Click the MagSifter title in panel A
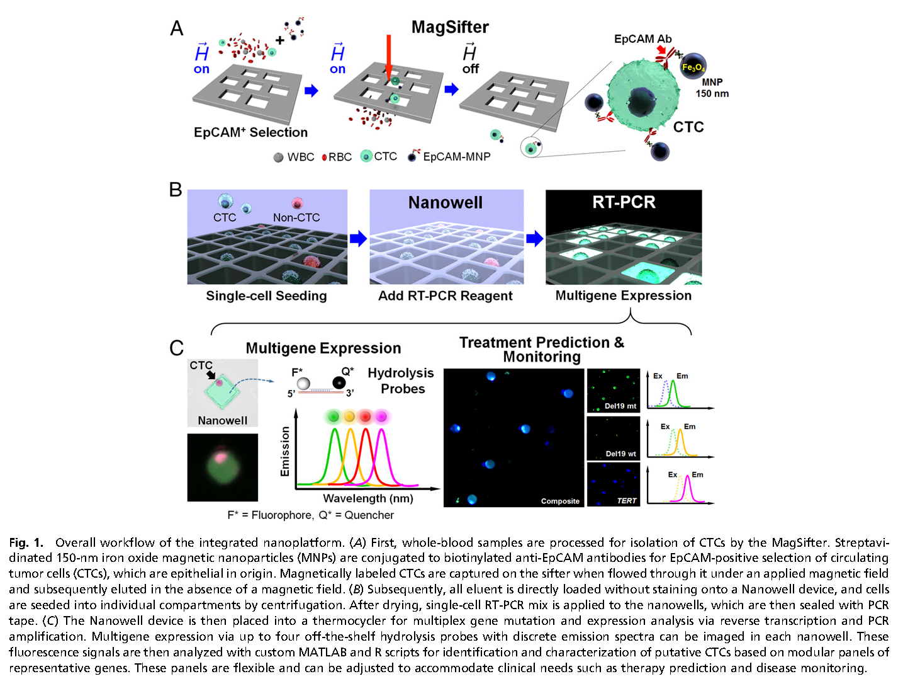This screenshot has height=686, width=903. [x=450, y=28]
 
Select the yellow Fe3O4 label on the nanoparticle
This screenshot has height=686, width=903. [x=693, y=67]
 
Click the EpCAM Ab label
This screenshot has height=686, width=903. [x=642, y=39]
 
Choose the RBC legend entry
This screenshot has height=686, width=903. [x=337, y=157]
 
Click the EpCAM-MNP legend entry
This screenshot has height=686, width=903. [x=449, y=157]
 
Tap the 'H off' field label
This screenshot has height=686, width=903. [x=470, y=59]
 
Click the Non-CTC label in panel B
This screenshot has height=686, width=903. [x=296, y=217]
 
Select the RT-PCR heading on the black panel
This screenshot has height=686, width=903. [x=624, y=202]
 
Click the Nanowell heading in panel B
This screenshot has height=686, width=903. [x=446, y=203]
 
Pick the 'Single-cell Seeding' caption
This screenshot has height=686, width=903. [x=266, y=296]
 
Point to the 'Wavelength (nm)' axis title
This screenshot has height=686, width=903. [x=368, y=498]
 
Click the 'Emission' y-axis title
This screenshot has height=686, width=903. [x=285, y=451]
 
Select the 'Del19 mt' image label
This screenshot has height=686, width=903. [x=620, y=406]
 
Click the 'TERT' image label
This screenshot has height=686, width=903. [x=626, y=501]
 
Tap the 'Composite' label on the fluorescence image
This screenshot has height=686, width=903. [x=560, y=501]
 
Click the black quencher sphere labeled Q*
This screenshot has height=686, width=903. [x=339, y=382]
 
